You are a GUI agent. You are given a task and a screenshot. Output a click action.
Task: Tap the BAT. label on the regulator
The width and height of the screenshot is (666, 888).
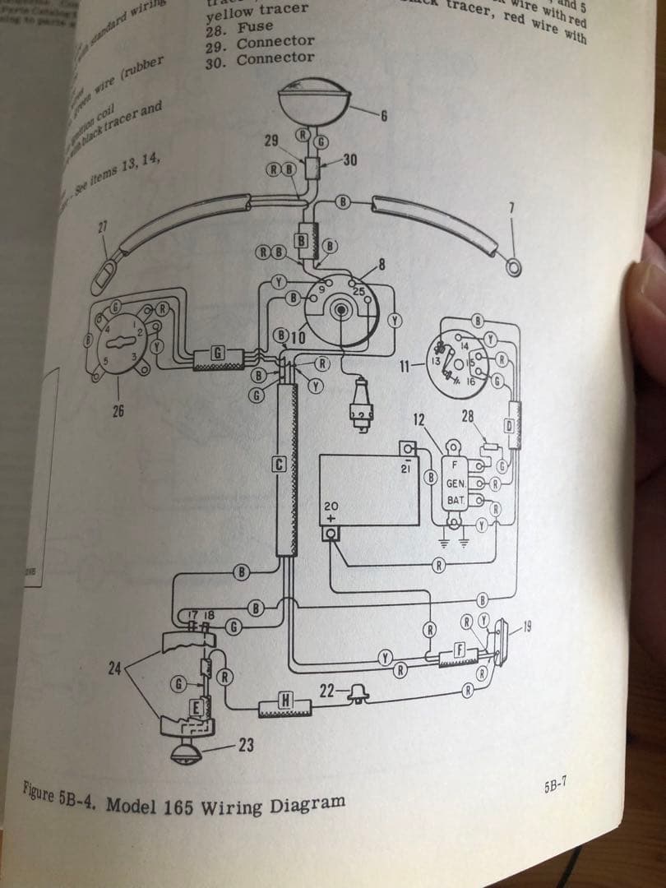456,500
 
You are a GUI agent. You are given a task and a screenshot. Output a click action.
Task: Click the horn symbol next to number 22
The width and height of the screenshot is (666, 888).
358,696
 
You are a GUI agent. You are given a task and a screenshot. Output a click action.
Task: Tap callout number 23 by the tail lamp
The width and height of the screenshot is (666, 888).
245,746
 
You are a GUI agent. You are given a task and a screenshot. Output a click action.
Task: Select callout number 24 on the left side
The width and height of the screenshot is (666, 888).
115,668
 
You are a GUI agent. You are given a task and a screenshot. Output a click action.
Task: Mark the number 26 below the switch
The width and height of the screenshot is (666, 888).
118,411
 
